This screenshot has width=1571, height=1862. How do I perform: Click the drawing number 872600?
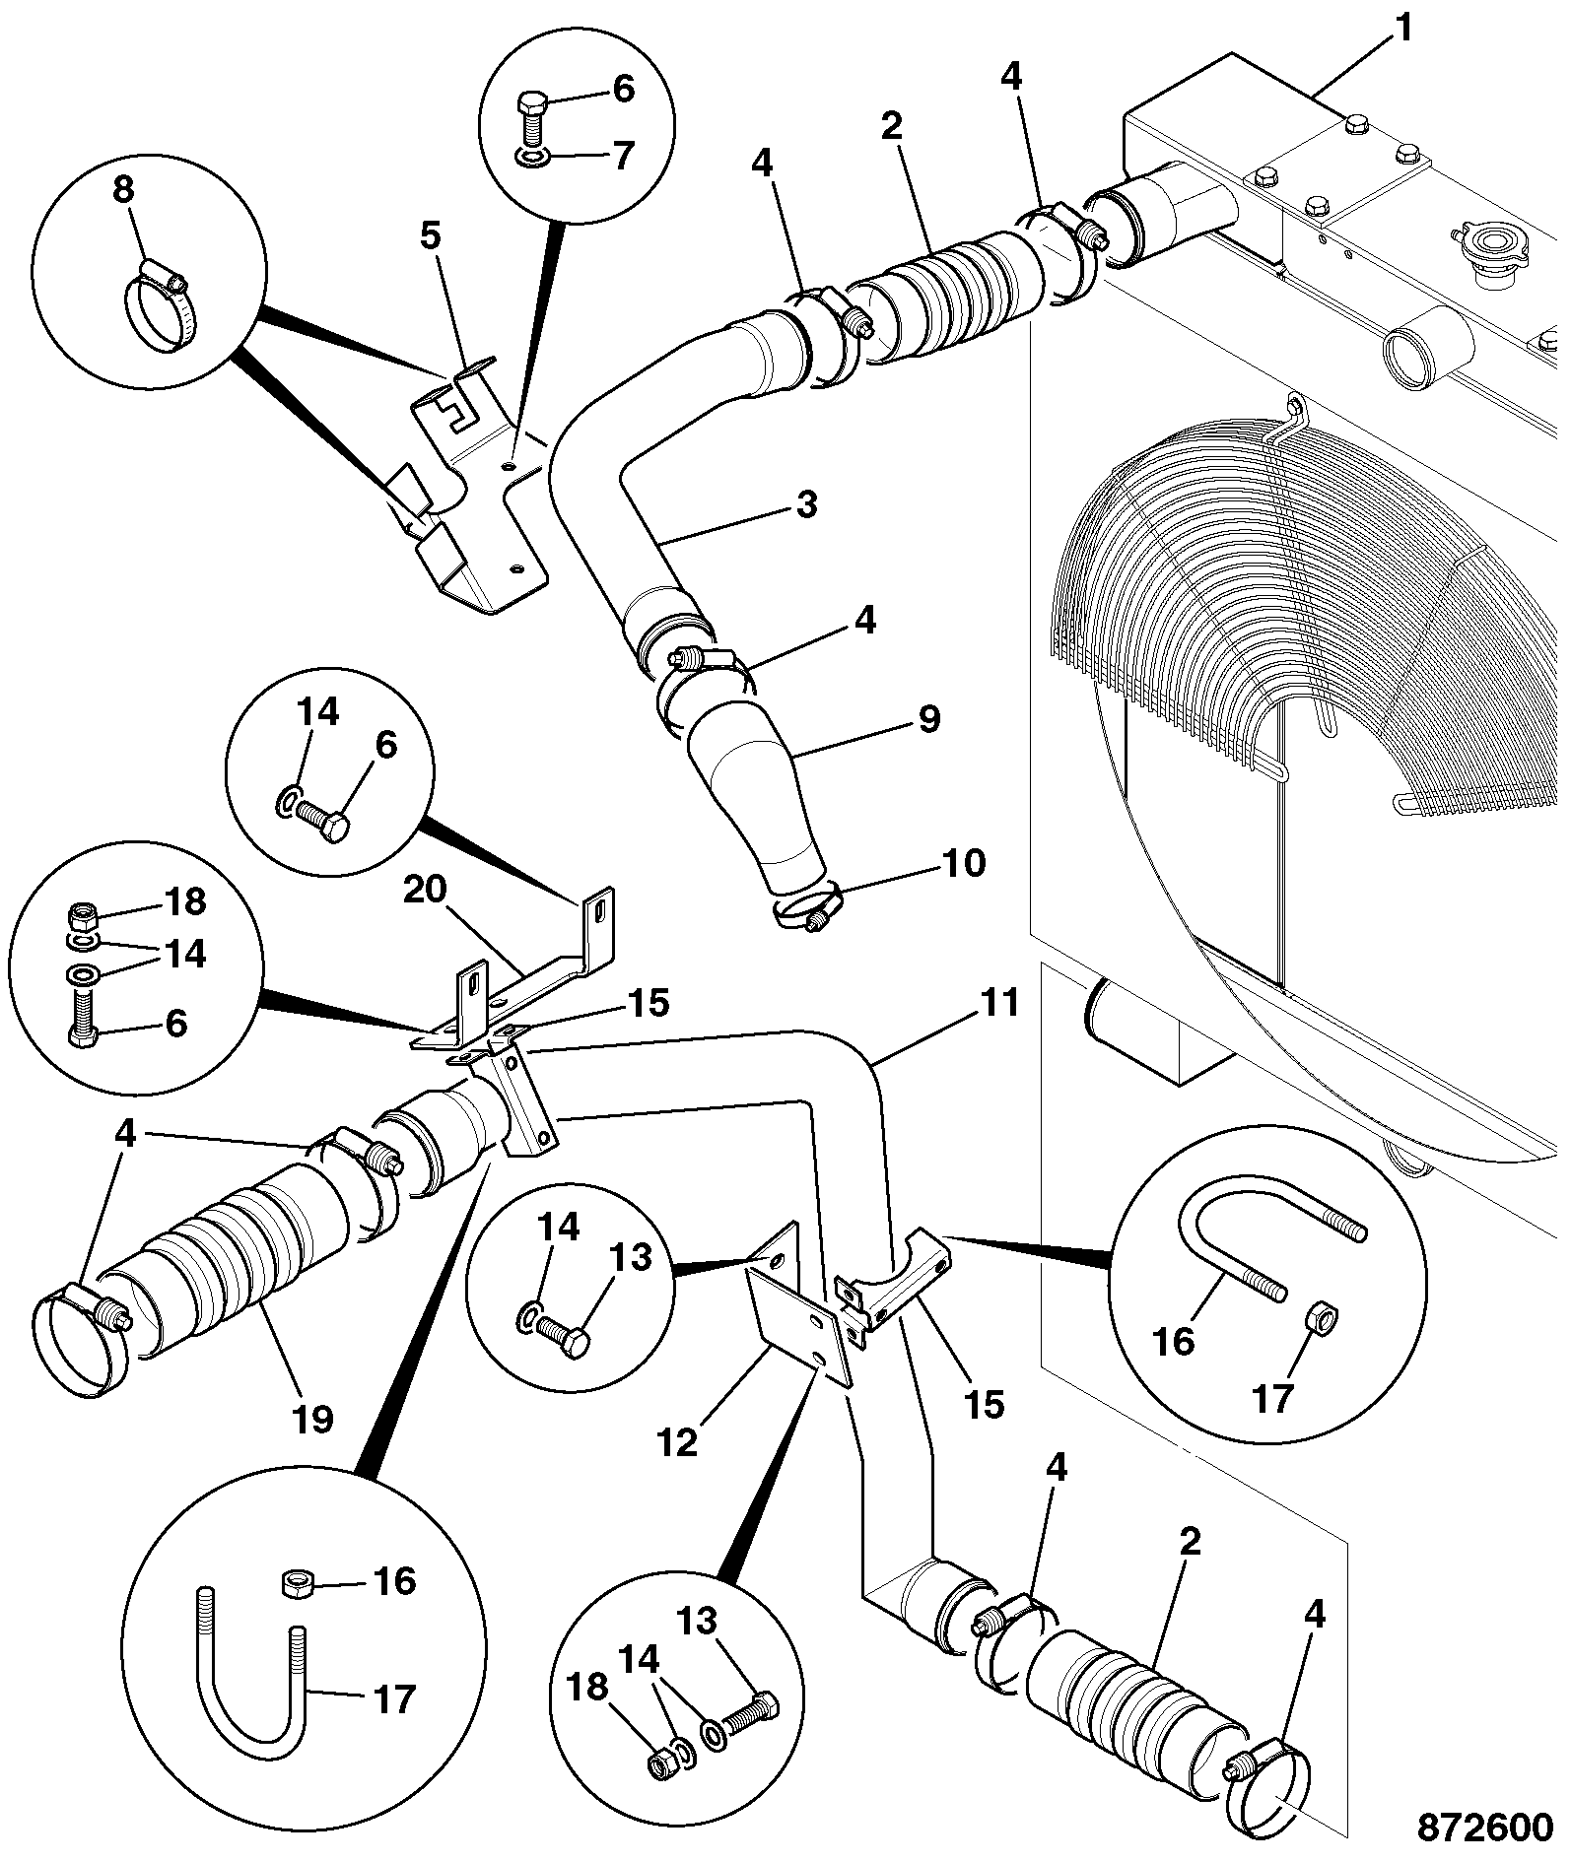click(1485, 1828)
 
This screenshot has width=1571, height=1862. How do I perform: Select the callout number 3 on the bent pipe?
click(807, 505)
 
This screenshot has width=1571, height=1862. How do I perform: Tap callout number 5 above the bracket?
click(431, 236)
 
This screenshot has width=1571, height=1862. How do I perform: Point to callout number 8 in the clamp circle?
click(122, 189)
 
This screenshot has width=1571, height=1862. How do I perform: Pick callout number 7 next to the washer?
click(623, 155)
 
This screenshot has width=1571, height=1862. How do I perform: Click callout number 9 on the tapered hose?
click(929, 717)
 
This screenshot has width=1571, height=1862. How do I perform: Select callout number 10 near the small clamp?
click(964, 863)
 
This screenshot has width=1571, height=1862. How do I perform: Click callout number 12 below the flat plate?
click(678, 1443)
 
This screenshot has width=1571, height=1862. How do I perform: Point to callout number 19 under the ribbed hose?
click(312, 1420)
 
